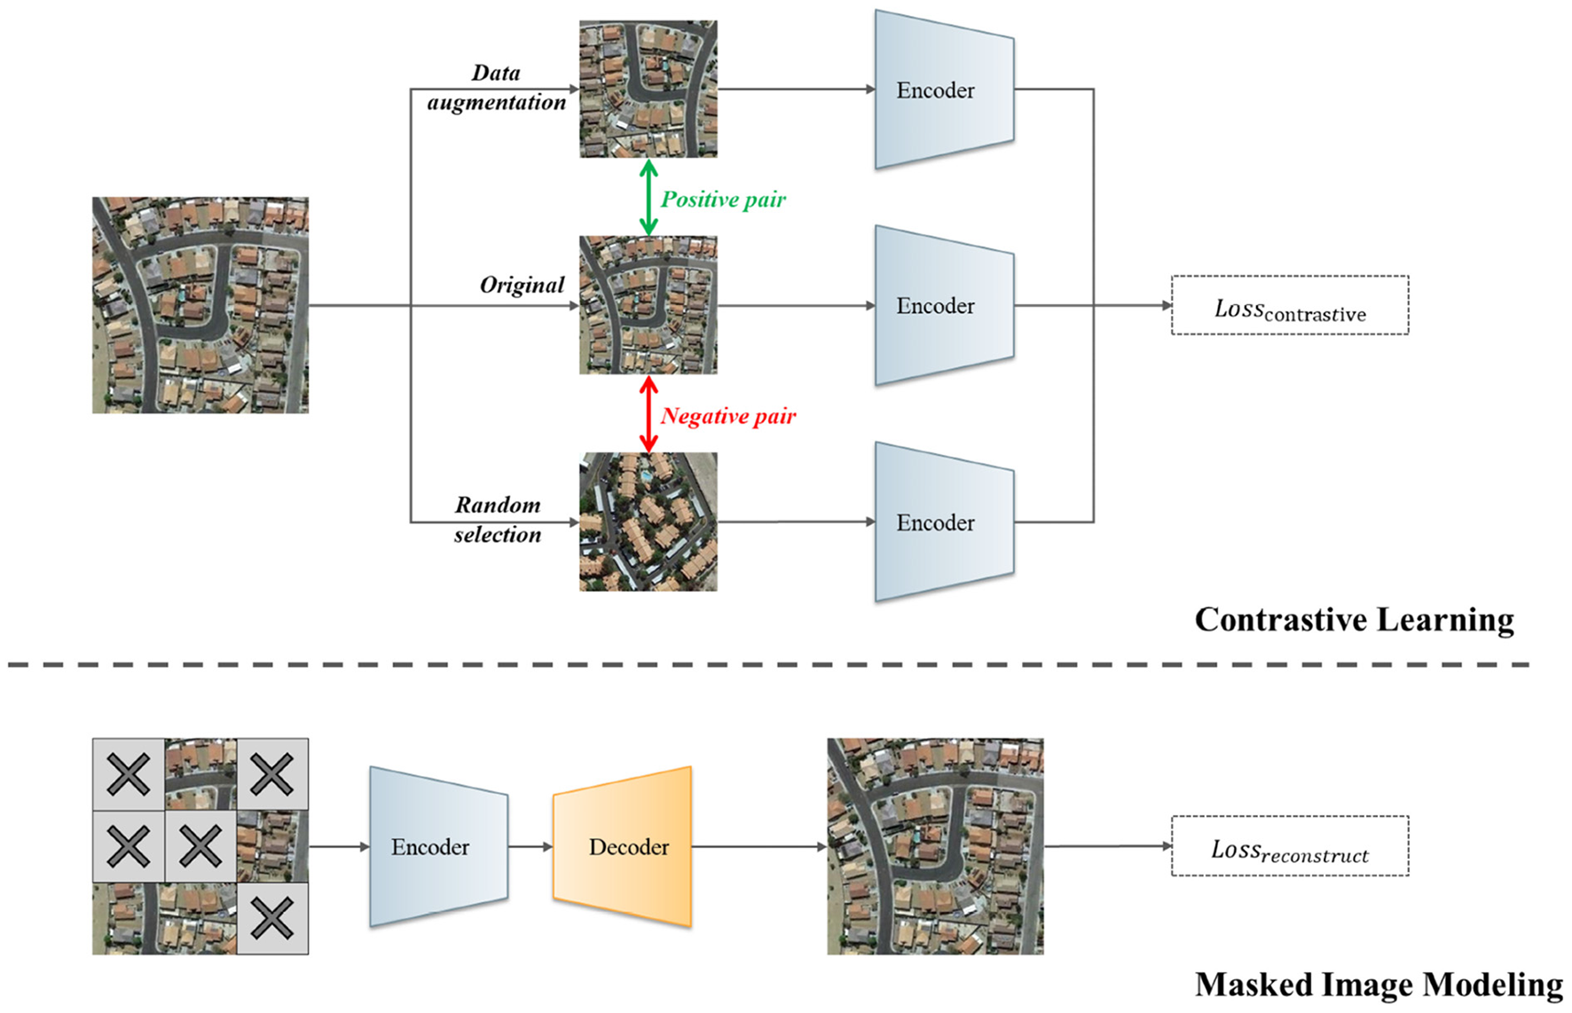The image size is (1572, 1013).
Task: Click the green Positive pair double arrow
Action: point(648,197)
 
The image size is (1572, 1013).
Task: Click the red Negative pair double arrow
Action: point(648,414)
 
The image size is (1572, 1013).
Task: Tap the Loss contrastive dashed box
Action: point(1289,305)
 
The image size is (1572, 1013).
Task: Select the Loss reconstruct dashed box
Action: point(1289,846)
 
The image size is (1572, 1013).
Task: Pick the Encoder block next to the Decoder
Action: point(437,847)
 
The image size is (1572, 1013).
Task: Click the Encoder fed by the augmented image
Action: point(943,90)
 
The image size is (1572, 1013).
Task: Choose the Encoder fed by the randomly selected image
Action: point(943,522)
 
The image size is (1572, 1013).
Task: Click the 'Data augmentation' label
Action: point(496,88)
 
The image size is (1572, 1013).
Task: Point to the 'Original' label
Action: point(522,285)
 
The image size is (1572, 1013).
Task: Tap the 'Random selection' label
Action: point(497,520)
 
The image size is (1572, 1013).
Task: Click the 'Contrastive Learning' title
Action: point(1354,619)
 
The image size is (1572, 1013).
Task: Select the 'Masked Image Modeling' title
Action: point(1378,985)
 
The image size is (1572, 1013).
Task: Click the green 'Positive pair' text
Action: point(723,200)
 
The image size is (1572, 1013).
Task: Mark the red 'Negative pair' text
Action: point(728,416)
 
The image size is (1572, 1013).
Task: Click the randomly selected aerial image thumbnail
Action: point(648,522)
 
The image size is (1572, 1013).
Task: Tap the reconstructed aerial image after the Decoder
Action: point(935,846)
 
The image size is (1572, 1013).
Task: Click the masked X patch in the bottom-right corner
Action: point(272,918)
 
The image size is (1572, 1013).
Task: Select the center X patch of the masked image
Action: point(200,846)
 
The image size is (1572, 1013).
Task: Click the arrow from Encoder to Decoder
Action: point(531,847)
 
